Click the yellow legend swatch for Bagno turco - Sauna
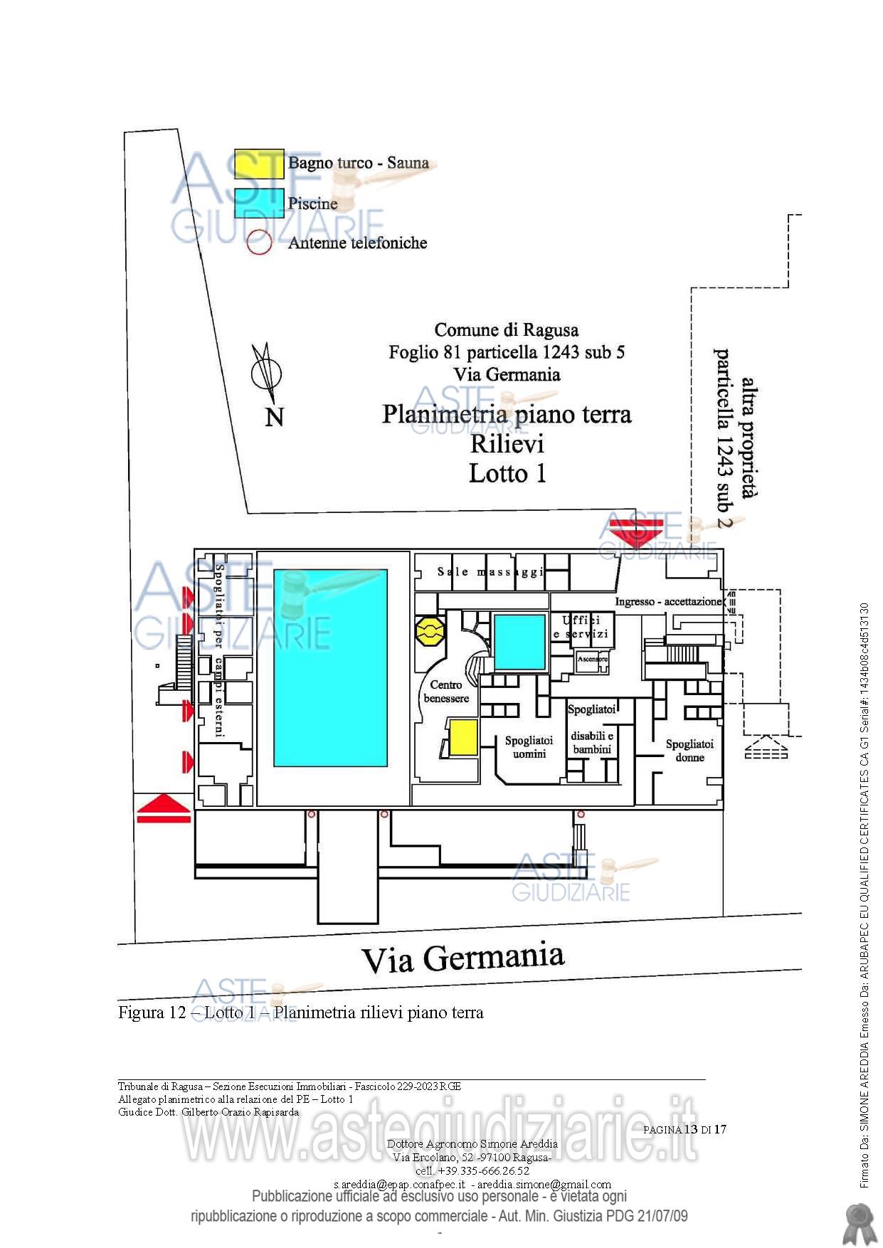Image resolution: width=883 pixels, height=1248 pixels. tap(259, 164)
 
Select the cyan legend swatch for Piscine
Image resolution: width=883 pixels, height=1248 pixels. tap(259, 203)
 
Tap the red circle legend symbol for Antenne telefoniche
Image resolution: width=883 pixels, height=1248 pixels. tap(259, 243)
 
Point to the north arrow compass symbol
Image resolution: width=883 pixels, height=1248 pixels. tap(267, 374)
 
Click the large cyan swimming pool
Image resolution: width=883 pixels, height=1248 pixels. tap(330, 667)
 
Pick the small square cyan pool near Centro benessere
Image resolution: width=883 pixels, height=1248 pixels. tap(519, 642)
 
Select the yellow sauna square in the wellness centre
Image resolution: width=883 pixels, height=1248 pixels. tap(462, 737)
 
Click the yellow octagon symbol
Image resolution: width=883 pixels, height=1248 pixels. tap(430, 631)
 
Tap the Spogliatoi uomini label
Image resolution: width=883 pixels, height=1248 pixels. tap(529, 747)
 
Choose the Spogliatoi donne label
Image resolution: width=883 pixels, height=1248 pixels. tap(689, 751)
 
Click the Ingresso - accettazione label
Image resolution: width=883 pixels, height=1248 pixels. tap(668, 602)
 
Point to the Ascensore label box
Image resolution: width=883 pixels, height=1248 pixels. tap(592, 660)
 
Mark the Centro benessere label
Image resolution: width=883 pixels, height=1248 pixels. tap(446, 692)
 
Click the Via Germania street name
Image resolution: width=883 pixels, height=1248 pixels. tap(463, 958)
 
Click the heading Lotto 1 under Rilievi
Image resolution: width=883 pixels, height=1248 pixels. tap(507, 473)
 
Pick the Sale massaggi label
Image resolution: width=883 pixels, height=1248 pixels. tap(491, 571)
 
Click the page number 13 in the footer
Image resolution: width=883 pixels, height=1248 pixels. tap(691, 1129)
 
